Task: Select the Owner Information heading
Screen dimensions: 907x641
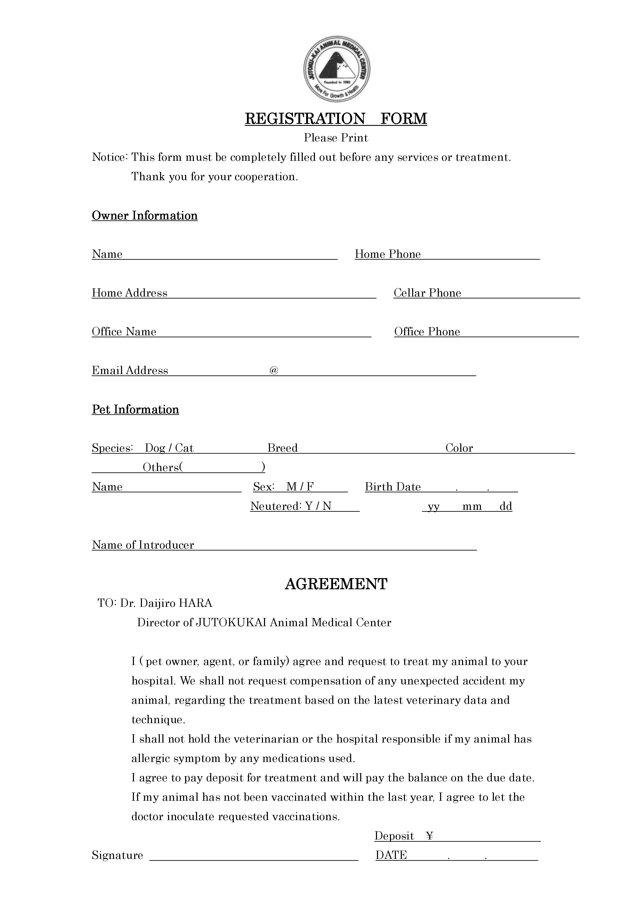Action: (145, 216)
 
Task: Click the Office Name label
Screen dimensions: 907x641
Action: (124, 331)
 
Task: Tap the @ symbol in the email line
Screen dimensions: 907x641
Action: (274, 370)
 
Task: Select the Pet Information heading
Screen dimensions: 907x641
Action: (135, 409)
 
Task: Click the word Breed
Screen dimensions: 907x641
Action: (282, 448)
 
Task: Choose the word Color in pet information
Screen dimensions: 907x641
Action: (459, 448)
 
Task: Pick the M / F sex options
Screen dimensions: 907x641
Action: (300, 487)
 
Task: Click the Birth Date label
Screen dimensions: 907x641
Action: (393, 487)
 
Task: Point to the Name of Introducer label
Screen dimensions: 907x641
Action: (143, 545)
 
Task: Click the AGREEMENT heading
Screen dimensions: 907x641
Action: (336, 584)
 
